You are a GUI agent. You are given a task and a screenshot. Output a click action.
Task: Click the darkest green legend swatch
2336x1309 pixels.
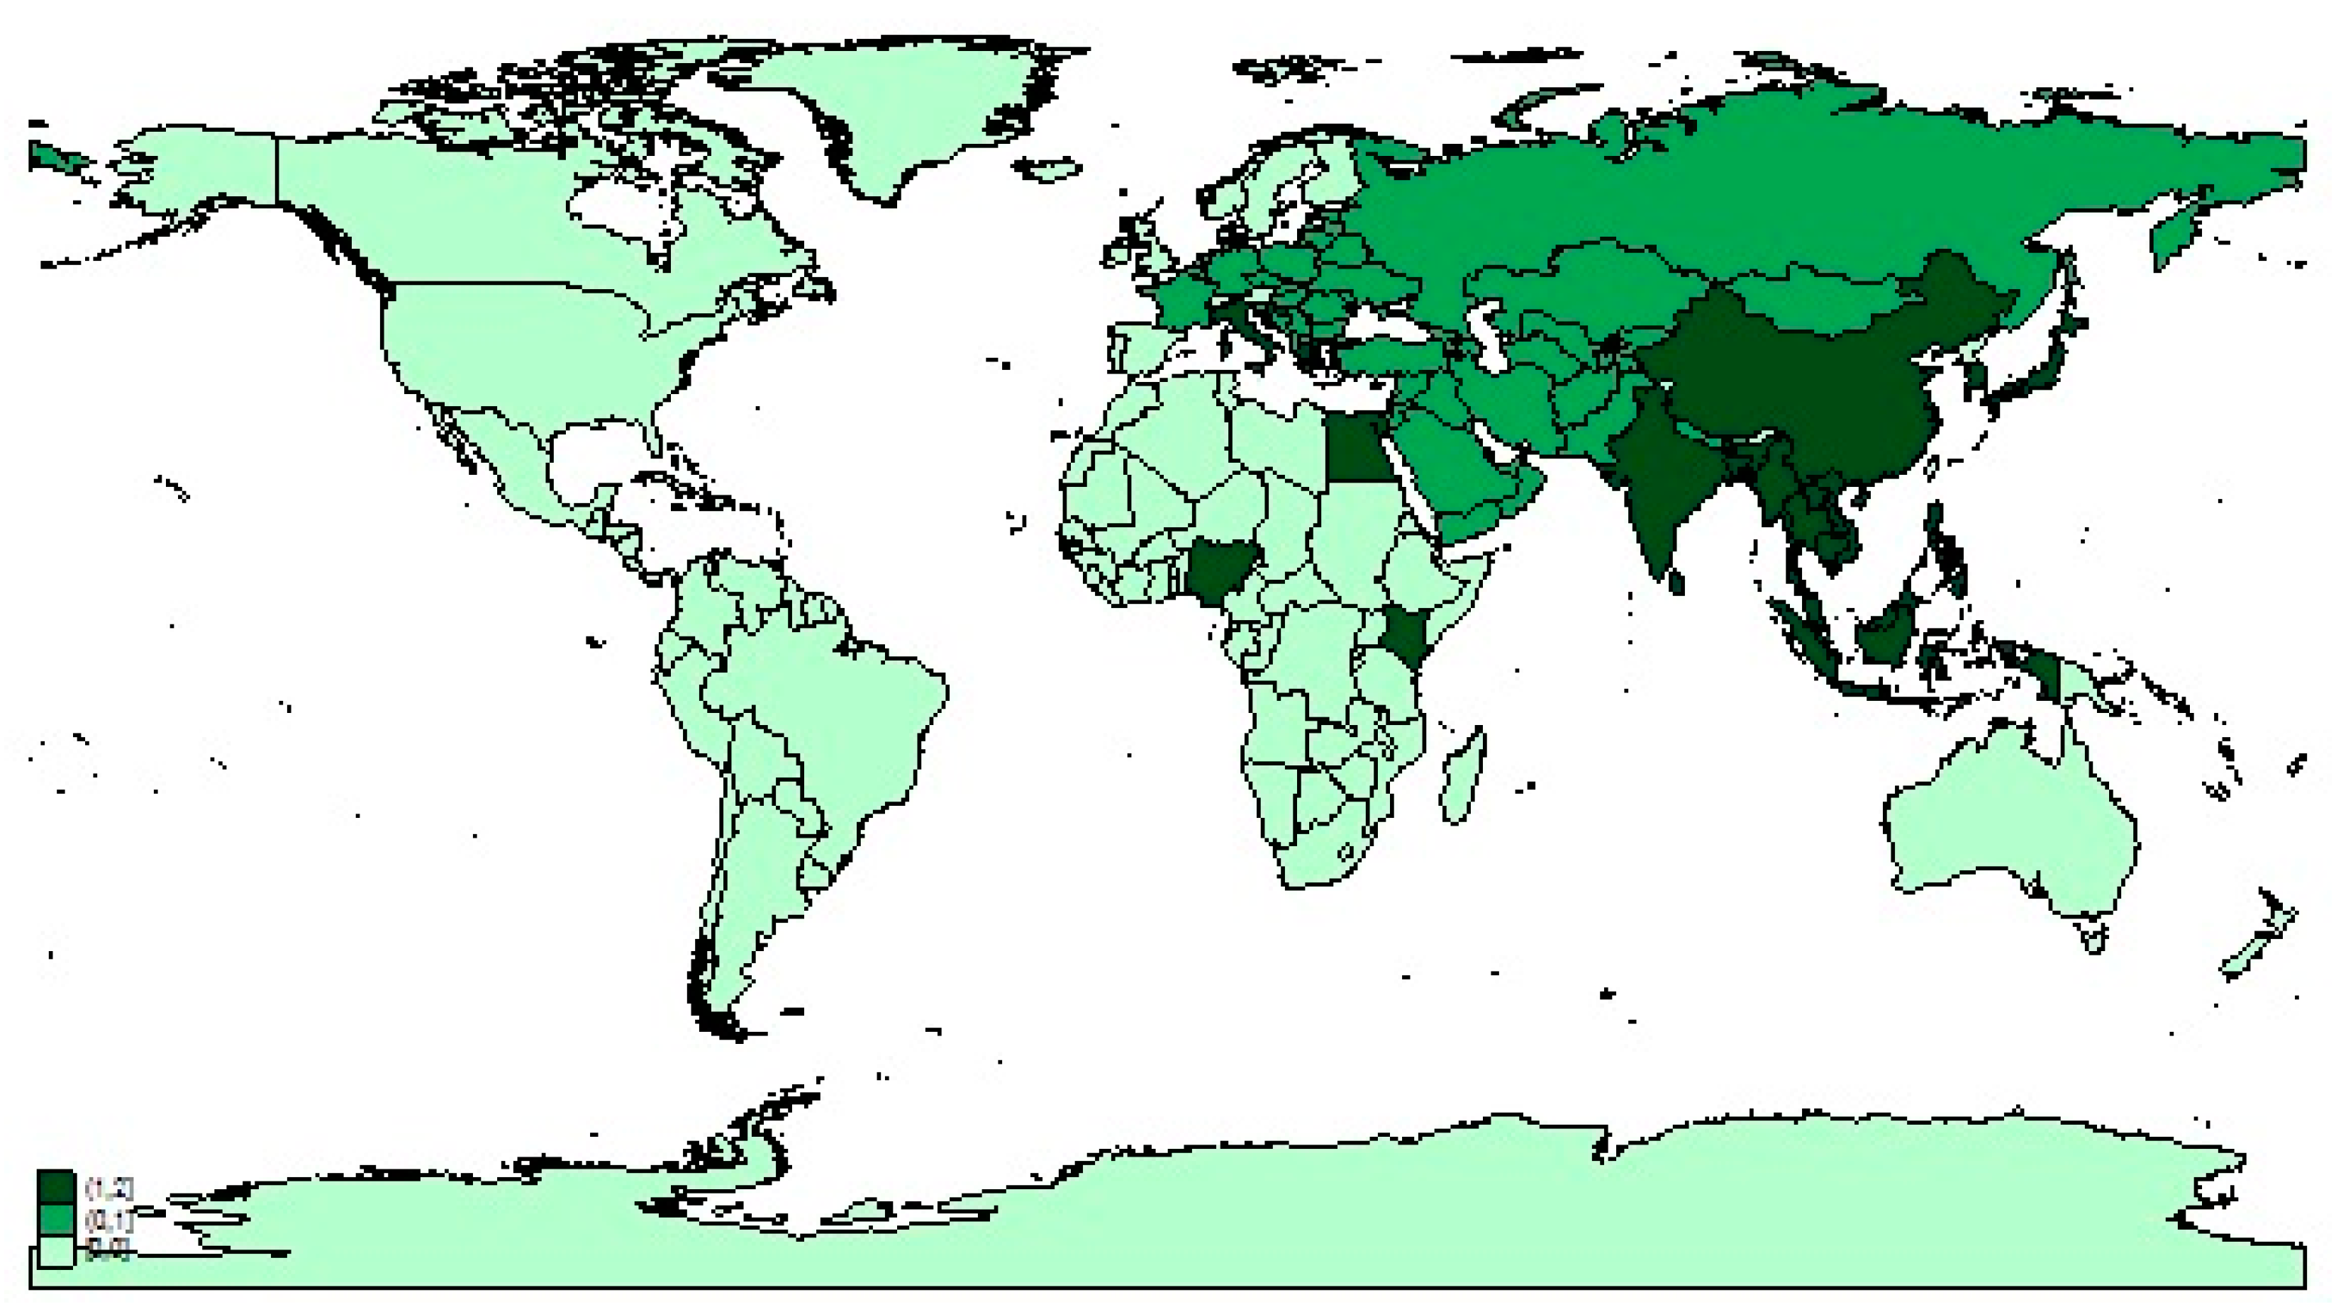(55, 1186)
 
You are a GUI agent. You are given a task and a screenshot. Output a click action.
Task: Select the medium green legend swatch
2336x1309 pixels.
(55, 1219)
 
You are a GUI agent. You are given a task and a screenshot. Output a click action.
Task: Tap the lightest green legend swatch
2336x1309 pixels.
(55, 1251)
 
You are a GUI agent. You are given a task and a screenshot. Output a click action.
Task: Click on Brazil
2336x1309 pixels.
(834, 716)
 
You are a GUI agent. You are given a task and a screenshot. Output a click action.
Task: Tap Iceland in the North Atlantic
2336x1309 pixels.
(1047, 169)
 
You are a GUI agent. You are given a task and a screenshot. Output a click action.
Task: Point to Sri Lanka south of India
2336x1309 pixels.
(1676, 580)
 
